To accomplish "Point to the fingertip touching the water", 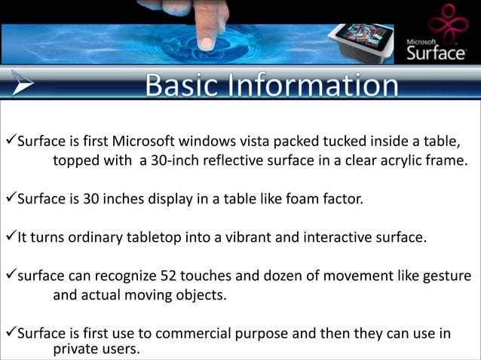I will (x=205, y=41).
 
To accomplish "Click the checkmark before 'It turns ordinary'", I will (x=11, y=237).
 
